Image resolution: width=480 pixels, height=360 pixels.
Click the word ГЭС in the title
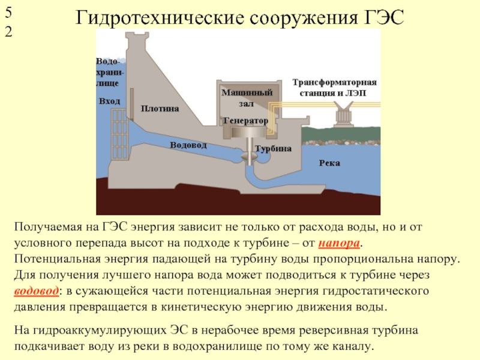pyautogui.click(x=384, y=18)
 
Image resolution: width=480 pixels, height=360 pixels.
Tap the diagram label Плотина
pyautogui.click(x=160, y=109)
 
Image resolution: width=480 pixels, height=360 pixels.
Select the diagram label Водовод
pyautogui.click(x=188, y=145)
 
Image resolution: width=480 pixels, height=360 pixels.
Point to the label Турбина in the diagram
pyautogui.click(x=273, y=149)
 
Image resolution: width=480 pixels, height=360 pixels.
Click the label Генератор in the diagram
pyautogui.click(x=245, y=121)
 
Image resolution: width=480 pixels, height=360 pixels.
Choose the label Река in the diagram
pyautogui.click(x=329, y=163)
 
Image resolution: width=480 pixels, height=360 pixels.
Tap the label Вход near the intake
pyautogui.click(x=109, y=101)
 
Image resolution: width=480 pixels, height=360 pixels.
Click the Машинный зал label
pyautogui.click(x=247, y=98)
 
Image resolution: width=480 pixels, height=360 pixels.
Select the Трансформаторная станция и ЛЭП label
pyautogui.click(x=334, y=88)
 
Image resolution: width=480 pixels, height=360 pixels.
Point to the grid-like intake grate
pyautogui.click(x=119, y=134)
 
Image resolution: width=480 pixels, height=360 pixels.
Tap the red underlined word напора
pyautogui.click(x=339, y=243)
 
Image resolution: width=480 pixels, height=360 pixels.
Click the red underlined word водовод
pyautogui.click(x=36, y=291)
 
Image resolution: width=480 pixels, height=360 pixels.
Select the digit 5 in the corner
pyautogui.click(x=8, y=13)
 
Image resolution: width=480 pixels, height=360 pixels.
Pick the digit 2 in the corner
pyautogui.click(x=8, y=32)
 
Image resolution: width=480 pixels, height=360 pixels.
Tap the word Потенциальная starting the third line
pyautogui.click(x=57, y=259)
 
